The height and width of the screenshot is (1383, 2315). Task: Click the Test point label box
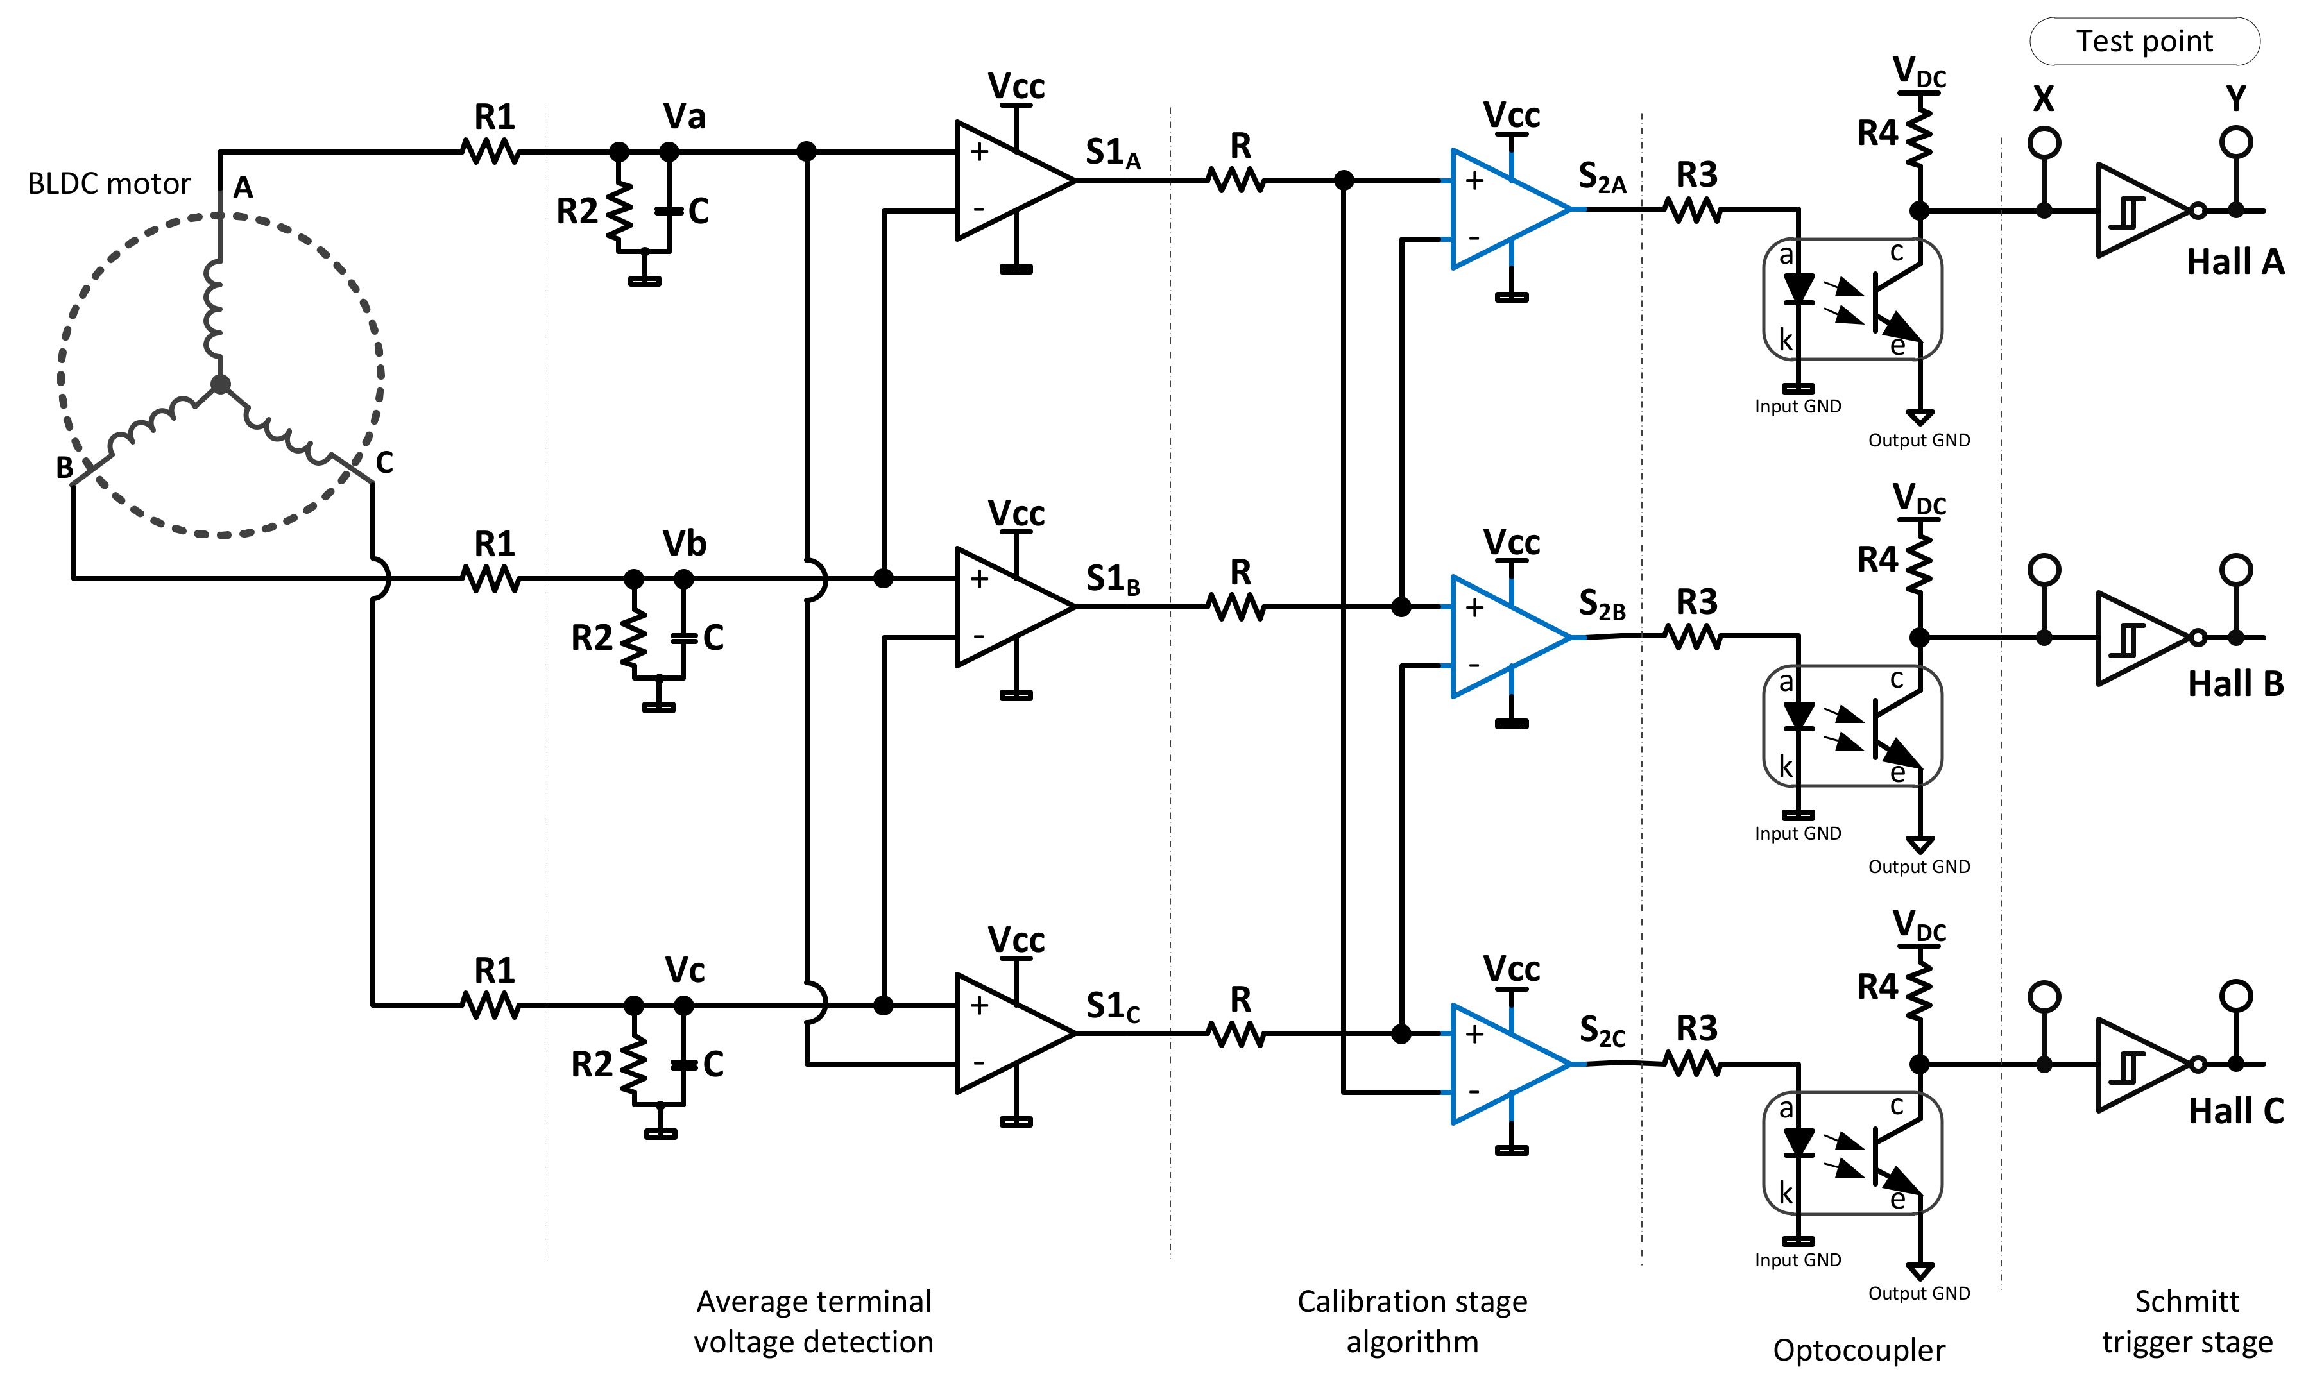click(2144, 42)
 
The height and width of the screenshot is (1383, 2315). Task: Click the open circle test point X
click(2044, 142)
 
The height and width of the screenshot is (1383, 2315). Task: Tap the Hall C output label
click(2235, 1111)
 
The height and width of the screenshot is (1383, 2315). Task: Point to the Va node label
click(684, 117)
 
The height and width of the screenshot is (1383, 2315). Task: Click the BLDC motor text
click(109, 183)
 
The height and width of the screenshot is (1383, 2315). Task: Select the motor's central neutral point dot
click(220, 384)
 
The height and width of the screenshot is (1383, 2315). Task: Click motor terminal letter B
click(64, 468)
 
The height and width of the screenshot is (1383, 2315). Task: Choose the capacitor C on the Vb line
click(684, 638)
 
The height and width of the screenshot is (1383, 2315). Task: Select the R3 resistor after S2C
click(1693, 1064)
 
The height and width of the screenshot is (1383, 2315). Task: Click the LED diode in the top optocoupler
click(1798, 289)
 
